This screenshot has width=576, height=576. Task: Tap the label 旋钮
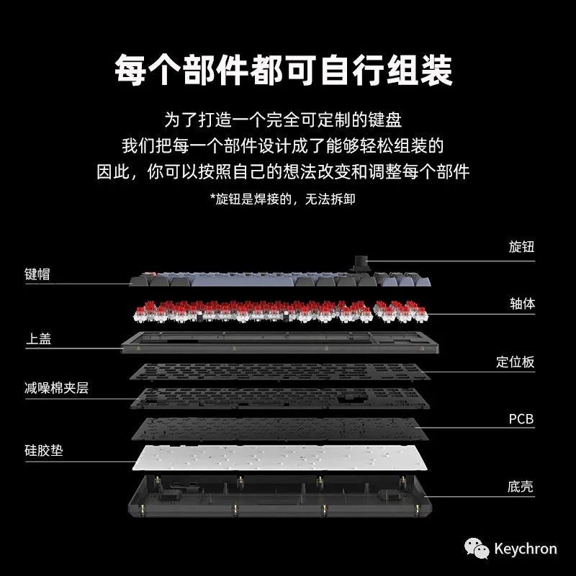[x=521, y=247]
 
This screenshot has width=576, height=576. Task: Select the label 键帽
[x=37, y=274]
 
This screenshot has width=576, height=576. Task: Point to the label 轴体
[x=521, y=303]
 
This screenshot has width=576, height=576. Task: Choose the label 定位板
[x=516, y=361]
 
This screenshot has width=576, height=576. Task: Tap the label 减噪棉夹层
[x=56, y=389]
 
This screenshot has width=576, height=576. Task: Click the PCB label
[x=521, y=418]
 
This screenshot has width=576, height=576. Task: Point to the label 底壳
[x=521, y=487]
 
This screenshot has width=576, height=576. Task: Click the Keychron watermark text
[x=525, y=549]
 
